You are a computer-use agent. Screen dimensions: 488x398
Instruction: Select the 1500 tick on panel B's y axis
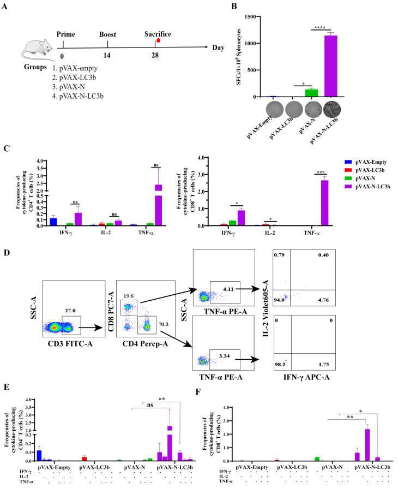tap(258, 16)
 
